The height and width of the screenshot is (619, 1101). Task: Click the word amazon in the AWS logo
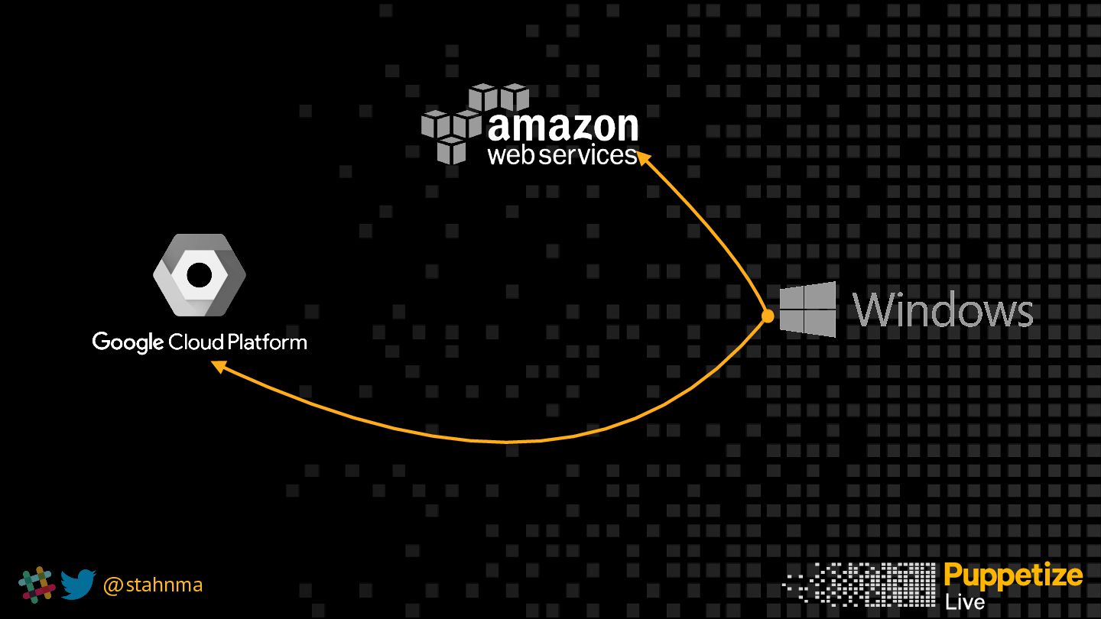point(563,127)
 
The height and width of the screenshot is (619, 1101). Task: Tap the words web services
point(562,155)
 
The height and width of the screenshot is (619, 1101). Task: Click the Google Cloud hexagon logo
point(199,275)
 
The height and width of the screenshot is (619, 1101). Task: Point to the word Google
point(128,342)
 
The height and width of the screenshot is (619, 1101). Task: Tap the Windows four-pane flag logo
point(807,309)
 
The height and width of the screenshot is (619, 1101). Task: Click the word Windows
point(943,309)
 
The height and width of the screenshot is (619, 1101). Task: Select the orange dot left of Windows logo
point(768,316)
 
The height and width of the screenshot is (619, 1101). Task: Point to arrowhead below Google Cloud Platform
point(219,367)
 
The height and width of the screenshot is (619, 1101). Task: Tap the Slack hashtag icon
point(37,585)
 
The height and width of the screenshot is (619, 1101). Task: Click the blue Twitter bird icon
point(78,585)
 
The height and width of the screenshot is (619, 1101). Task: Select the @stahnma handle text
point(152,585)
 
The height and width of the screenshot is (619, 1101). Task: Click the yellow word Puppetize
point(1013,575)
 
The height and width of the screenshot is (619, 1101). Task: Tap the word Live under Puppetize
point(964,603)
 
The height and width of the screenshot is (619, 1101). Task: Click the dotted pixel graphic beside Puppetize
point(859,585)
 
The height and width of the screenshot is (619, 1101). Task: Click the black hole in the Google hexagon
point(199,275)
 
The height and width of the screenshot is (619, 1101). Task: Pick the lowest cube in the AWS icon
point(452,151)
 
